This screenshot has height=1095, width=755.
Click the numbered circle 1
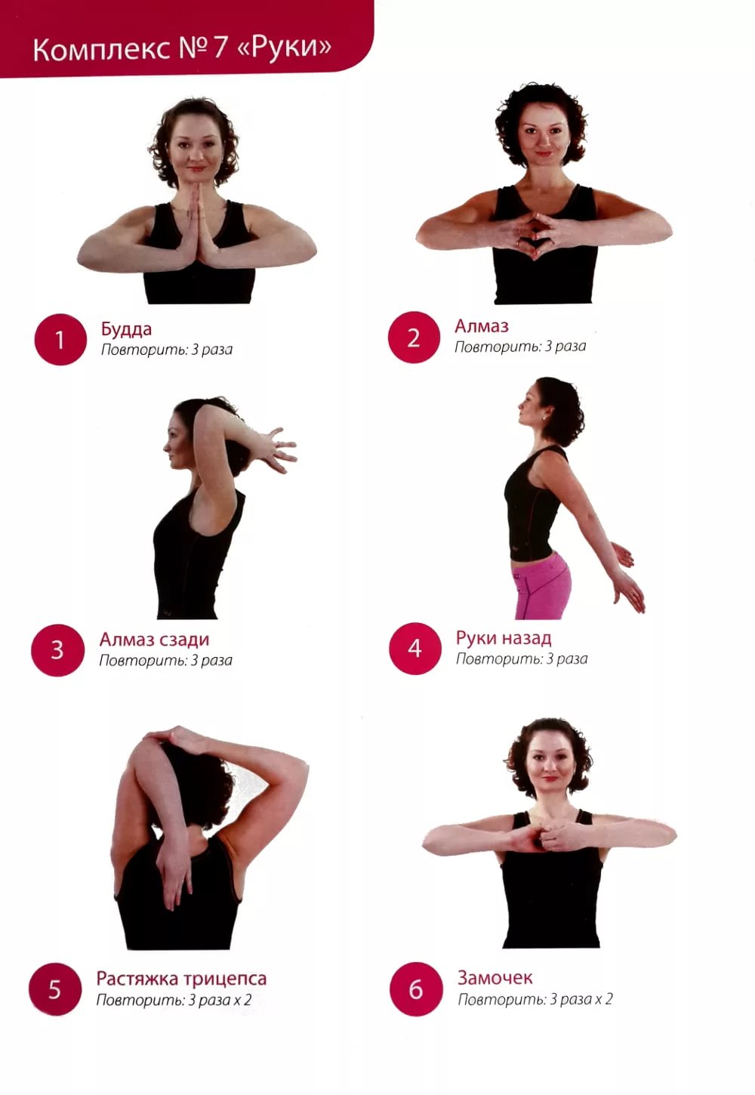60,339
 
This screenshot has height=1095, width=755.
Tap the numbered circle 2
414,338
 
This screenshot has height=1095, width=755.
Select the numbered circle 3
57,650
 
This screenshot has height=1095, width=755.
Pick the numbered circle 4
415,649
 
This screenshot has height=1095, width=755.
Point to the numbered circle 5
55,990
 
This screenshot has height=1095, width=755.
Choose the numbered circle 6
416,989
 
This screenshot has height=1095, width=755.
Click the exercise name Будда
127,329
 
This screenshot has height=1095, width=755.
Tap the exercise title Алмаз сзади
155,640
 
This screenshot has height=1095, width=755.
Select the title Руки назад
504,638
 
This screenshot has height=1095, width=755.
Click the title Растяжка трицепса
181,979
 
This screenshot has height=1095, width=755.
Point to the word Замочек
495,978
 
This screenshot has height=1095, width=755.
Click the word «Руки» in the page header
283,48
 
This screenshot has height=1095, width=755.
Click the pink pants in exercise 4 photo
542,587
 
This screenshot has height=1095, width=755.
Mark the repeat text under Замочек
535,1000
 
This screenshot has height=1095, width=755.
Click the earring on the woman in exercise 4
544,418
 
